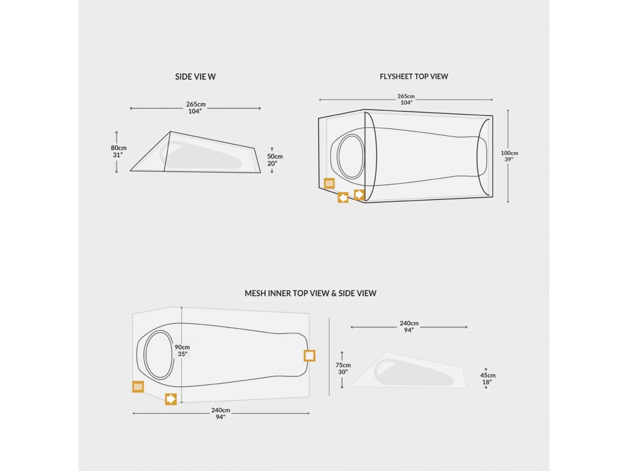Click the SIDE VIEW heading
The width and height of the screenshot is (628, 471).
(196, 77)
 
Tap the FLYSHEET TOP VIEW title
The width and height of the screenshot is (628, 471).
(414, 77)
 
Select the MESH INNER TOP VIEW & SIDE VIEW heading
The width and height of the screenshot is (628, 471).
(310, 293)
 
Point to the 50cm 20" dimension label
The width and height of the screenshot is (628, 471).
(275, 159)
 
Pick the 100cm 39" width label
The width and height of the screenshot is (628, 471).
(509, 156)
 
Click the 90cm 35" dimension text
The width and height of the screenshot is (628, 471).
(182, 351)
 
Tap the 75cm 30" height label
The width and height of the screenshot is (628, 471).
(343, 368)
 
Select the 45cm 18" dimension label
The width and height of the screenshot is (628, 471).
(488, 379)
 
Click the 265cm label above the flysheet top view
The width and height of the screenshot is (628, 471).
(406, 99)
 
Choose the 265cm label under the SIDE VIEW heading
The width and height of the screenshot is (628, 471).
(196, 107)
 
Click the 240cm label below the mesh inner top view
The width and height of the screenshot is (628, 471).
(221, 413)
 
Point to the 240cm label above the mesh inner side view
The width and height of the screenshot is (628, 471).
(409, 326)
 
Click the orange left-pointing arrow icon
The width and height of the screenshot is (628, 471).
(343, 197)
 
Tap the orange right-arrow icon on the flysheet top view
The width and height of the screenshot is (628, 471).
(359, 194)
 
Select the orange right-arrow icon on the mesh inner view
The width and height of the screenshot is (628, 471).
(171, 399)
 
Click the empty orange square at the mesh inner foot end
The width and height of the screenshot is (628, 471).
(310, 356)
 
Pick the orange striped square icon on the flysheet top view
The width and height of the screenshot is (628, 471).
(329, 183)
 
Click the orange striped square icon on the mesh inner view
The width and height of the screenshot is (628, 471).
(138, 386)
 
